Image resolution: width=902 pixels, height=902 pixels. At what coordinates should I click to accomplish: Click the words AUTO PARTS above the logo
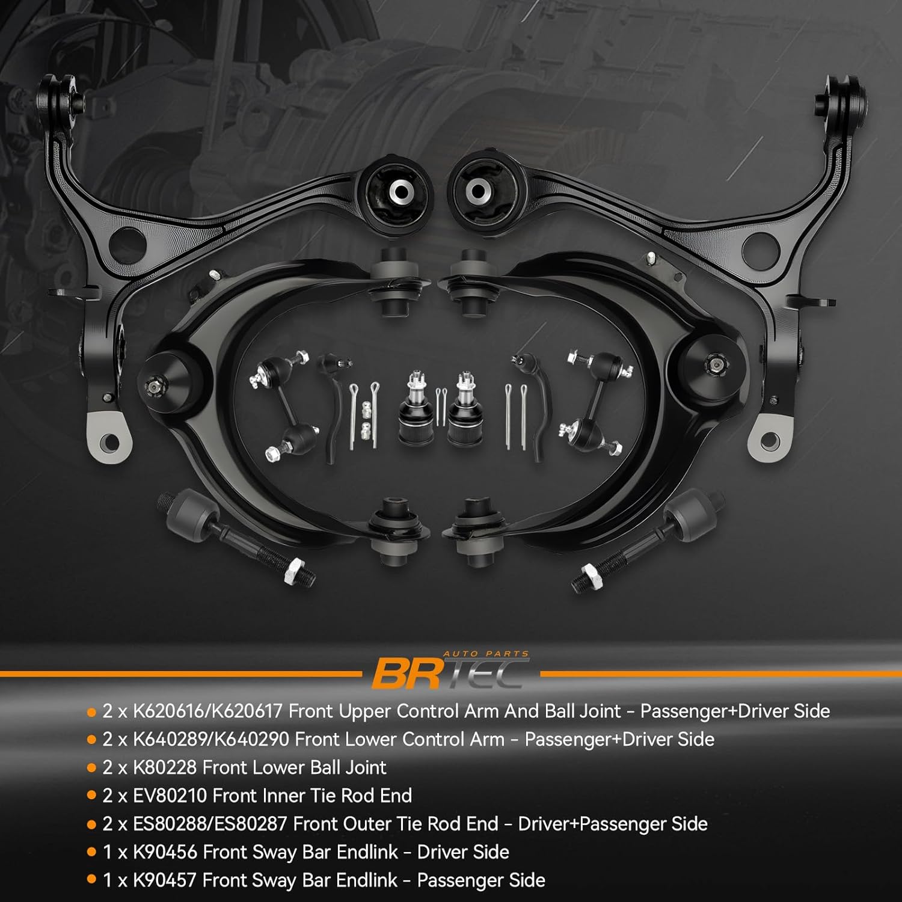(485, 654)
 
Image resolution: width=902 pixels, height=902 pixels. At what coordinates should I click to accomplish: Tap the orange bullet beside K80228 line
(91, 768)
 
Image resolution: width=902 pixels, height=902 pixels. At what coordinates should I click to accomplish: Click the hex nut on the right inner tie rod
(586, 574)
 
